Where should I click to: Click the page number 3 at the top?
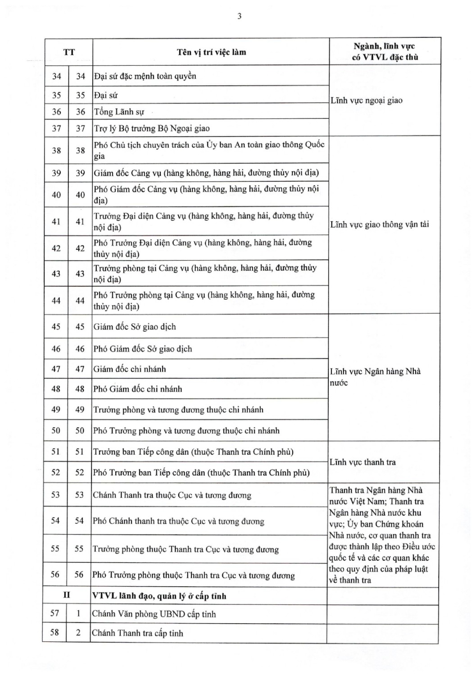239,16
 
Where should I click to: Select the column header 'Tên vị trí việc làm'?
211,52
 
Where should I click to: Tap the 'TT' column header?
69,52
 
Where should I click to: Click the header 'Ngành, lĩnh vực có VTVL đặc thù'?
385,51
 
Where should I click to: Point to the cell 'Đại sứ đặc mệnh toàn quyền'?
145,76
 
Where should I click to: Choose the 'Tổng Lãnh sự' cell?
119,112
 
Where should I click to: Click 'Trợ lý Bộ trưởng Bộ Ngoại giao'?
152,128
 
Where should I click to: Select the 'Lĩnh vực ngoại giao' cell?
367,100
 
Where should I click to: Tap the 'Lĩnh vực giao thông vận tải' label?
380,224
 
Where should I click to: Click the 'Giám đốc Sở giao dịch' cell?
135,327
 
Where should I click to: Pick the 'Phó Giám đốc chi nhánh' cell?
138,389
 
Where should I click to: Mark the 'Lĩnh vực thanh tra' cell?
363,462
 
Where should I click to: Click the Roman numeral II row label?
67,595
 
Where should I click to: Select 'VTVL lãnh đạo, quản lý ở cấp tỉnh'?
159,596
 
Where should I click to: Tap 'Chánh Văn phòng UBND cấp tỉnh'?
154,614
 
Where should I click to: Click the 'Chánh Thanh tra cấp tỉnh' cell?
137,633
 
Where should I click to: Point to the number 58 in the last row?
54,632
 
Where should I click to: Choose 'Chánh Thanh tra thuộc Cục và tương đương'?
172,495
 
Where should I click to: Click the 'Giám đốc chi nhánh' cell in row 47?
130,369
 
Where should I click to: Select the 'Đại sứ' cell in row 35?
106,95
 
